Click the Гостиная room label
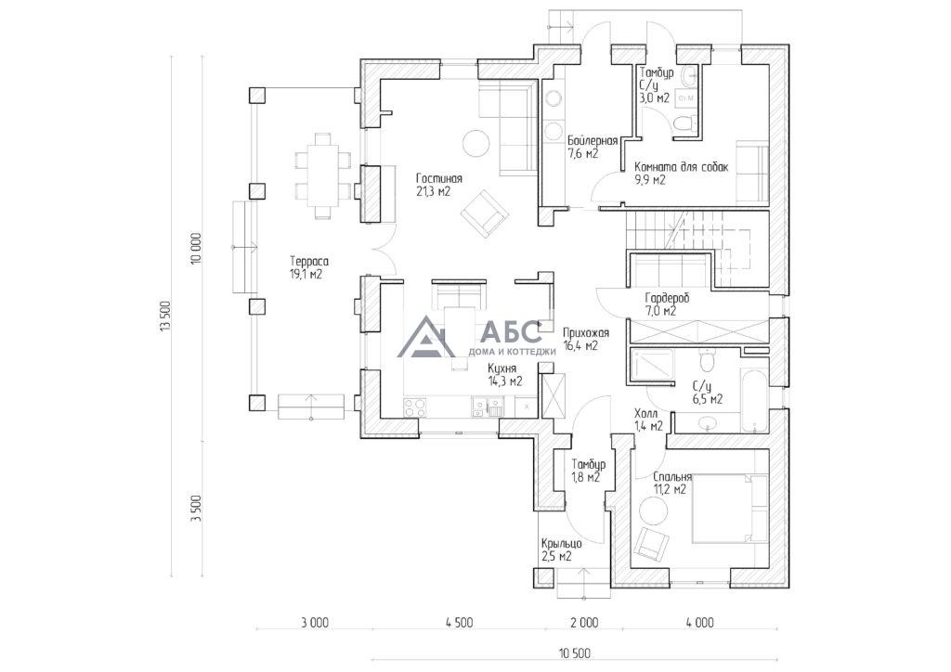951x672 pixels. pos(439,179)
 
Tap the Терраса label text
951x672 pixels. pos(309,262)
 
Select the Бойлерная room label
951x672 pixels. pos(593,141)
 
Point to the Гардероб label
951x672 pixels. pos(667,299)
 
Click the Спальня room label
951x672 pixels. pos(672,477)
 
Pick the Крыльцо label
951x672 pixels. pos(562,544)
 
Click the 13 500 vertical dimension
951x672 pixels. pos(163,317)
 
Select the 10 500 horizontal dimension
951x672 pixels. pos(575,653)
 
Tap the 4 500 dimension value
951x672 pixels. pos(459,622)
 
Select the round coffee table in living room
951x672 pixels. pos(475,144)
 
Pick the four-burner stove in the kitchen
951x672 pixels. pos(415,407)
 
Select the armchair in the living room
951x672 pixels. pos(484,213)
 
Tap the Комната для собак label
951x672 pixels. pos(681,167)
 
